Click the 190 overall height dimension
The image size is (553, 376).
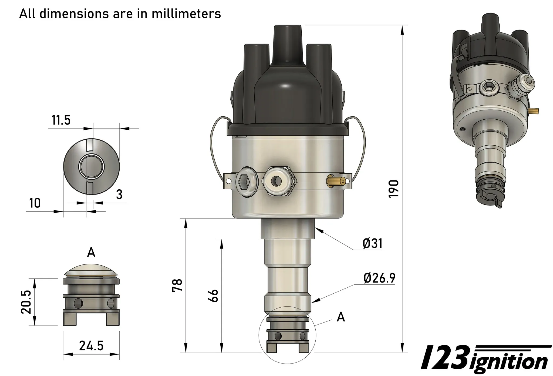click(393, 189)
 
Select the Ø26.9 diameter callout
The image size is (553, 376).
click(379, 278)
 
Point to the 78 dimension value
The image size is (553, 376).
click(177, 285)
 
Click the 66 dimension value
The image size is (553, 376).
click(213, 296)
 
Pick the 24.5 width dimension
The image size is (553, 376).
click(91, 345)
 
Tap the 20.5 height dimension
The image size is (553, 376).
click(26, 302)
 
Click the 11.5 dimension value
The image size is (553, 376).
click(61, 120)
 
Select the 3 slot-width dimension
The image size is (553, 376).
click(119, 194)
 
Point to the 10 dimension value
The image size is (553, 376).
click(35, 203)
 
